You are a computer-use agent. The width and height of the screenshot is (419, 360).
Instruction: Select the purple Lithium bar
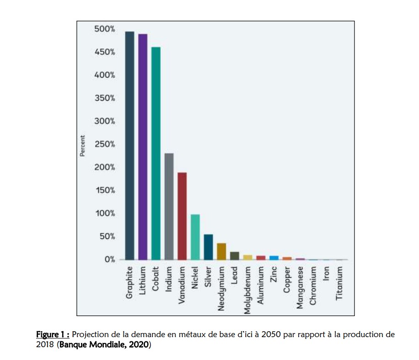[x=143, y=147]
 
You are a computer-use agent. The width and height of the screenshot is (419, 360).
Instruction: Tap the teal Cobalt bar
[x=156, y=153]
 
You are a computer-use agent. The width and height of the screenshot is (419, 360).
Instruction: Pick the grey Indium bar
[x=169, y=206]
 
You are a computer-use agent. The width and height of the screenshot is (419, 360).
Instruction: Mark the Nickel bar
[x=195, y=237]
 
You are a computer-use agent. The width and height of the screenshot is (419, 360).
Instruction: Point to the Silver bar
[x=209, y=247]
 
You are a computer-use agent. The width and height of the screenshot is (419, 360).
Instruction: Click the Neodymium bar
[x=221, y=251]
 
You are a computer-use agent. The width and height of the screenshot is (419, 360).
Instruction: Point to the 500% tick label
[x=105, y=29]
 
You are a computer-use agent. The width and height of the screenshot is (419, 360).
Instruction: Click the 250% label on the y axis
[x=105, y=145]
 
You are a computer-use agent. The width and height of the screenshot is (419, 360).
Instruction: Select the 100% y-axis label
[x=105, y=214]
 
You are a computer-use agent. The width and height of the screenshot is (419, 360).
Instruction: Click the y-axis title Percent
[x=82, y=145]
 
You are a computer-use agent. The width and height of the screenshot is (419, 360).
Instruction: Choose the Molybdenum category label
[x=247, y=290]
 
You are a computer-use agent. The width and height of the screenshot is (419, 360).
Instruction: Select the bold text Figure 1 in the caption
[x=52, y=334]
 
